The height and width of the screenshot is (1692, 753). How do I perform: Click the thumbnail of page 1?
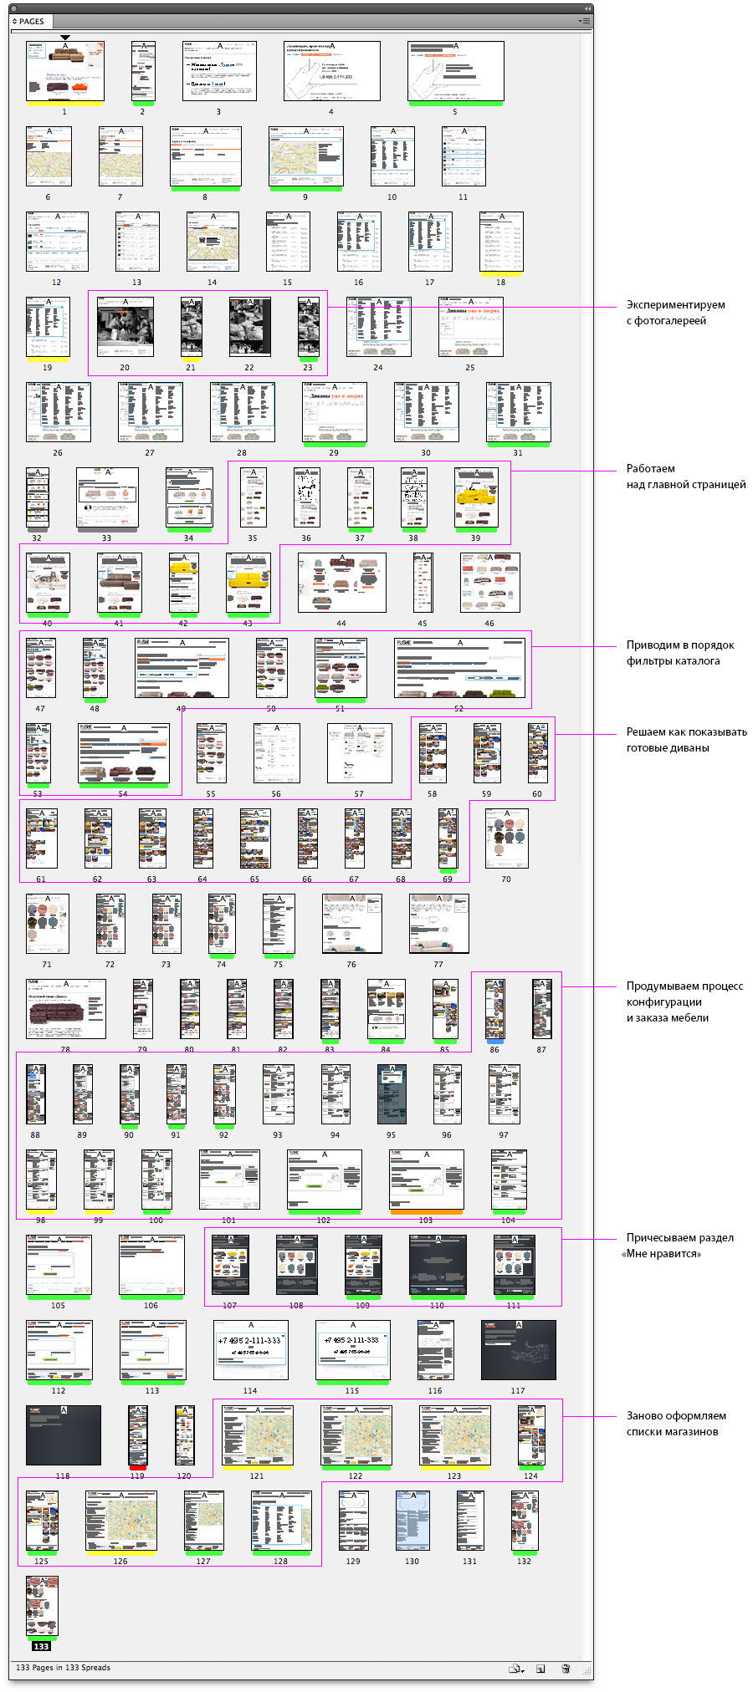[65, 71]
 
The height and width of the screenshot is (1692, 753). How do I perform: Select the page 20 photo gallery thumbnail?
[125, 327]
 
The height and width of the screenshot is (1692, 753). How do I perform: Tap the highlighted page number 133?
[42, 1646]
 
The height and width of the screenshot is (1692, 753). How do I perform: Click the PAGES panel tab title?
[31, 22]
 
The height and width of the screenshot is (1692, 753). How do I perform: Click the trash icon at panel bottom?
[566, 1669]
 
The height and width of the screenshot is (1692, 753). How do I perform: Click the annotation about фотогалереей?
[675, 313]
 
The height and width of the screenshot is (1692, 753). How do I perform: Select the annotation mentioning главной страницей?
[685, 477]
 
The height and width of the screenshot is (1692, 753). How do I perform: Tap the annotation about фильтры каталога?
[679, 653]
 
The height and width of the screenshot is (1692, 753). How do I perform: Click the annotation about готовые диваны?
[686, 740]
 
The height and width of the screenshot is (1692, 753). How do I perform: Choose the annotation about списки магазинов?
[675, 1424]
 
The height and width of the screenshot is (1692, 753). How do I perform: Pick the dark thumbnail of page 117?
[518, 1350]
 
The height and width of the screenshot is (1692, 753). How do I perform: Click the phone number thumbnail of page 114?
[251, 1350]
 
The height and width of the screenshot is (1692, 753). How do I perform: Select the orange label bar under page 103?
[426, 1211]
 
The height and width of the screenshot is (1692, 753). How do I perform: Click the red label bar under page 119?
[137, 1467]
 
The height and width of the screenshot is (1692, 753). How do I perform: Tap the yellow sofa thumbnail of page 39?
[476, 497]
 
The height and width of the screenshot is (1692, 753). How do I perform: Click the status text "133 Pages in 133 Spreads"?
[63, 1668]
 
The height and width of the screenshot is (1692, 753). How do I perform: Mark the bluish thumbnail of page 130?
[412, 1521]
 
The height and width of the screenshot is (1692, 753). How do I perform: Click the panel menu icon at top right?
[585, 22]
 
